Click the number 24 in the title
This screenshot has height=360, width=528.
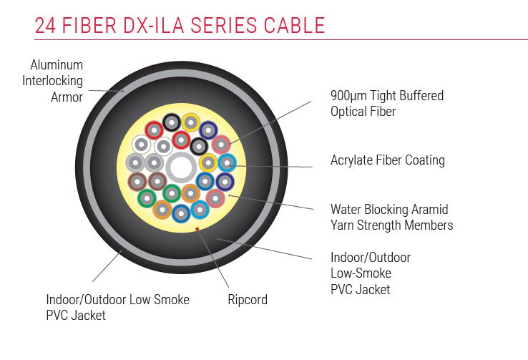coord(45,25)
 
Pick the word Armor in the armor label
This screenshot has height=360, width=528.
coord(67,97)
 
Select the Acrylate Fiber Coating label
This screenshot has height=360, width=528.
coord(388,160)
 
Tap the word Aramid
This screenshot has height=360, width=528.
coord(430,209)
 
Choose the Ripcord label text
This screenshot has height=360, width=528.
coord(248,299)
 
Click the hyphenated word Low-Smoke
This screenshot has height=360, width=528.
coord(361,273)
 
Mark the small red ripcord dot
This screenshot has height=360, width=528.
coord(197,229)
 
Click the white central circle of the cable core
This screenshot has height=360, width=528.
coord(181,167)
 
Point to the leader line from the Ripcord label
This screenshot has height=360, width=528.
coord(212,258)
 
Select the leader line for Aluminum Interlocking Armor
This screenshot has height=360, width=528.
coord(106,91)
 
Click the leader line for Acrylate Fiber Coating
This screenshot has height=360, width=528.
coord(273,166)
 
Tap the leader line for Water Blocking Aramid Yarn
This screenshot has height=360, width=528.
coord(271,202)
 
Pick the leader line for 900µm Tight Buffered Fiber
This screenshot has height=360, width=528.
coord(270,122)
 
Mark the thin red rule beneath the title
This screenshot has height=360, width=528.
coord(281,40)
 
